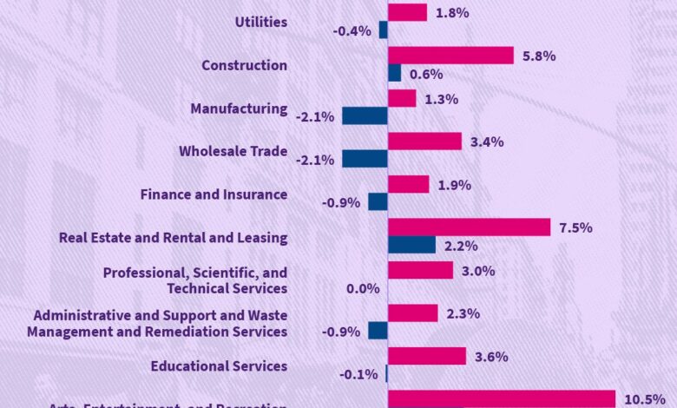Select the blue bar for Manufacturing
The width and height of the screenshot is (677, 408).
pyautogui.click(x=365, y=115)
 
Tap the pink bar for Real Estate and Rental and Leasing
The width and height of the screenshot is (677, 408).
pyautogui.click(x=469, y=227)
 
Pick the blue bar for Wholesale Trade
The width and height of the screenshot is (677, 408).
pyautogui.click(x=365, y=159)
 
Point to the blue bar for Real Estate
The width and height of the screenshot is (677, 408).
pyautogui.click(x=411, y=245)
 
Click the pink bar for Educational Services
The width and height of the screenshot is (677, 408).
pyautogui.click(x=427, y=355)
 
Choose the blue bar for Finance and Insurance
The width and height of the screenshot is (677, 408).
pyautogui.click(x=378, y=201)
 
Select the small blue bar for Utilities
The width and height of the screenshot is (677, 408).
pyautogui.click(x=383, y=30)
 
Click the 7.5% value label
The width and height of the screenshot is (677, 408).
pyautogui.click(x=575, y=227)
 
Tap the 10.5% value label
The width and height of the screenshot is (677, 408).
pyautogui.click(x=642, y=399)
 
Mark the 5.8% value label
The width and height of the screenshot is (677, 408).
pyautogui.click(x=539, y=56)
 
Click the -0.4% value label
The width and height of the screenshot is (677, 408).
pyautogui.click(x=352, y=31)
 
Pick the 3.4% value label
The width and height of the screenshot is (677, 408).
pyautogui.click(x=486, y=141)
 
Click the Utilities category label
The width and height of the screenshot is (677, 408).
pyautogui.click(x=261, y=22)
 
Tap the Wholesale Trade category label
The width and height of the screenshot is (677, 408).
pyautogui.click(x=233, y=151)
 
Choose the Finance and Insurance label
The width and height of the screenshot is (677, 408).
pyautogui.click(x=214, y=194)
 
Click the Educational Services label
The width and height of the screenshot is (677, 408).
pyautogui.click(x=219, y=366)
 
